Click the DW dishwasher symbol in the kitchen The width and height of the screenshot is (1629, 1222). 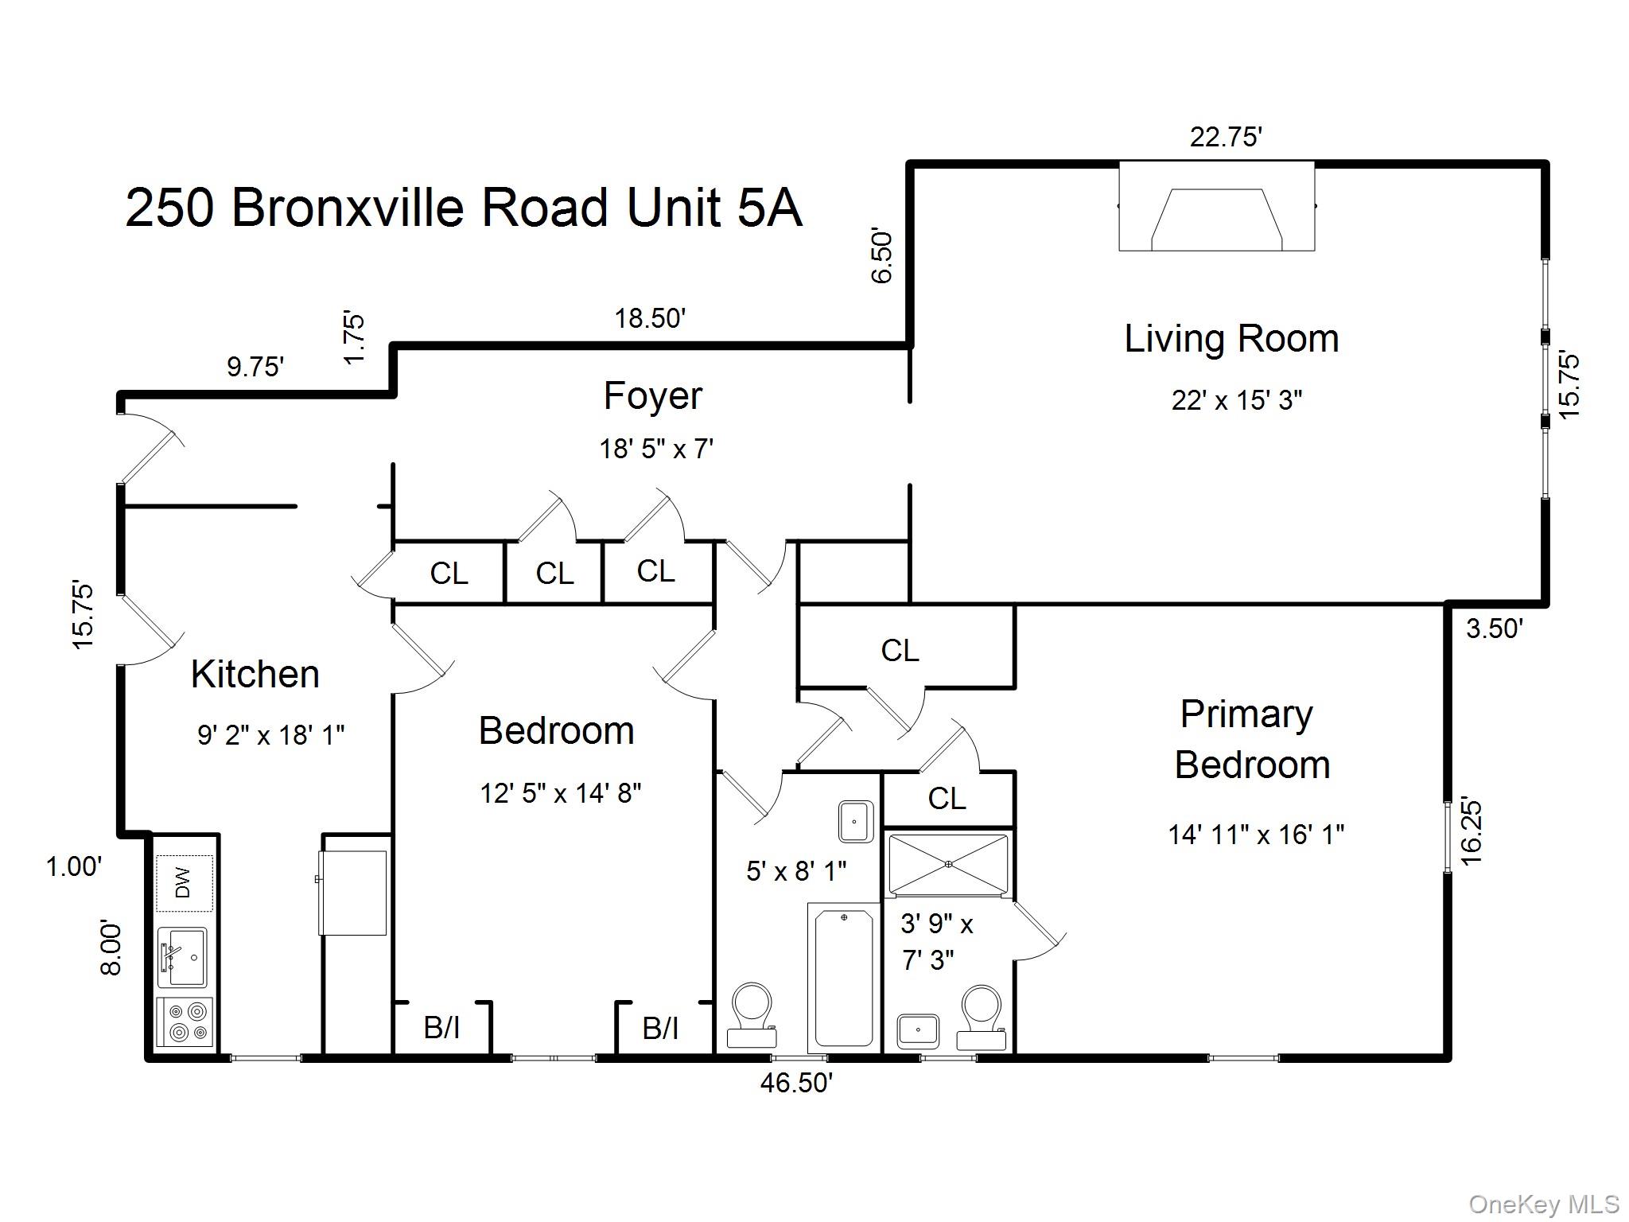(x=185, y=882)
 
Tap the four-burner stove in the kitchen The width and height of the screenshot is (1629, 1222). (x=185, y=1022)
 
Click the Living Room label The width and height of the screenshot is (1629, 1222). (x=1231, y=339)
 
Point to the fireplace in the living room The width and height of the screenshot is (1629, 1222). (x=1216, y=206)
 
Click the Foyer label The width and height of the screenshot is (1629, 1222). (x=653, y=397)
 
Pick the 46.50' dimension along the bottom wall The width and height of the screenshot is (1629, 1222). (x=797, y=1083)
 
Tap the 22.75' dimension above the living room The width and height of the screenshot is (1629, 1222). (x=1226, y=137)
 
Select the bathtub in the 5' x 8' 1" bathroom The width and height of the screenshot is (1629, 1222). (x=844, y=978)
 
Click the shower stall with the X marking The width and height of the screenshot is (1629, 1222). (x=948, y=864)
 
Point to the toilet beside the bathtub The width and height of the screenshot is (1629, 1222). (x=752, y=1016)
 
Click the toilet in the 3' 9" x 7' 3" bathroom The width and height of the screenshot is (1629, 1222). (x=981, y=1018)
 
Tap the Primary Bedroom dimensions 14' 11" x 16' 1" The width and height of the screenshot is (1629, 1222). (x=1256, y=835)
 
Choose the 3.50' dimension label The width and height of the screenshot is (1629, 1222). (x=1495, y=629)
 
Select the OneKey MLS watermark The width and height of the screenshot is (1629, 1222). (x=1544, y=1204)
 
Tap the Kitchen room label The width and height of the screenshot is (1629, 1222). (x=255, y=675)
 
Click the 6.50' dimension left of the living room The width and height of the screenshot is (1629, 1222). (x=883, y=257)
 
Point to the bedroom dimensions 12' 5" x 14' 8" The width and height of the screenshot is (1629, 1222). (x=560, y=793)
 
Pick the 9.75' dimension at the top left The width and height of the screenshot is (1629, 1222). (x=255, y=367)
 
